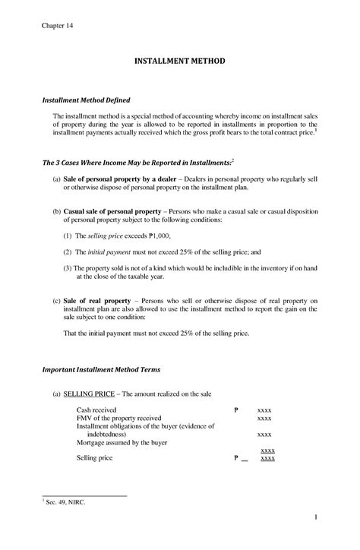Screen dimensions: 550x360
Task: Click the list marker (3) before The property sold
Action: coord(68,267)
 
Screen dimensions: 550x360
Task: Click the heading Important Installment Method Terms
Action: coord(112,369)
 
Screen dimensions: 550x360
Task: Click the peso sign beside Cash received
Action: coord(237,409)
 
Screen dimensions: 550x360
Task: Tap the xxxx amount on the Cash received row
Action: coord(264,410)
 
